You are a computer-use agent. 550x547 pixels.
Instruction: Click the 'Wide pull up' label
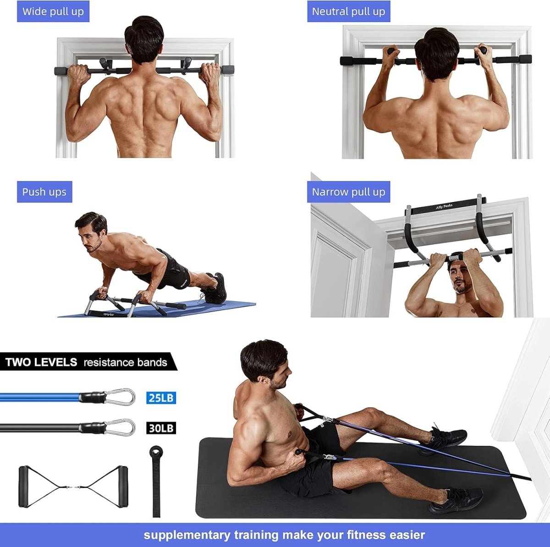(x=53, y=11)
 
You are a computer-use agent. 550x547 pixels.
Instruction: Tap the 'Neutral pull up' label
(x=348, y=11)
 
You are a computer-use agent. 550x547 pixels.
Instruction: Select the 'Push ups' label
(x=44, y=191)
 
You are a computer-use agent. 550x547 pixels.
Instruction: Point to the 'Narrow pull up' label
(x=348, y=191)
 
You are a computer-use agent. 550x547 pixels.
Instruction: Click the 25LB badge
(x=161, y=397)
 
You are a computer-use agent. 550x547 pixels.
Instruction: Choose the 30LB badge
(x=161, y=428)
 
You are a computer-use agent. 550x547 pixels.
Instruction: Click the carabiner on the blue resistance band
(x=120, y=397)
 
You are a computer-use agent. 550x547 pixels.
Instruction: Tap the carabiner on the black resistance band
(x=120, y=427)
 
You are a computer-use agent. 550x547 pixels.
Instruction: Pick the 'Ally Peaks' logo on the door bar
(x=444, y=207)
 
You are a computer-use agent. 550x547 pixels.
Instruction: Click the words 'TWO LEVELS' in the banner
(x=41, y=362)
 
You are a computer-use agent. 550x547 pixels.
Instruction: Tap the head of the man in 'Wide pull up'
(x=144, y=39)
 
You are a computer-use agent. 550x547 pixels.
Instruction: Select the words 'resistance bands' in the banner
(x=125, y=362)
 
